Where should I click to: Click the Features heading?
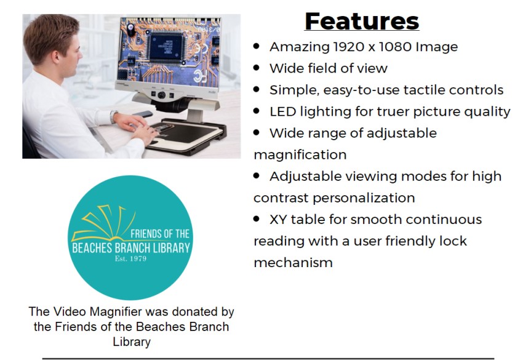click(362, 21)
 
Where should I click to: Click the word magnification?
click(300, 154)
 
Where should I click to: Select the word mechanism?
click(293, 262)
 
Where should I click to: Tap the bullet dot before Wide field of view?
click(257, 68)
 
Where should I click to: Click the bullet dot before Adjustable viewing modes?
click(257, 176)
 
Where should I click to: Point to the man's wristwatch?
click(114, 115)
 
